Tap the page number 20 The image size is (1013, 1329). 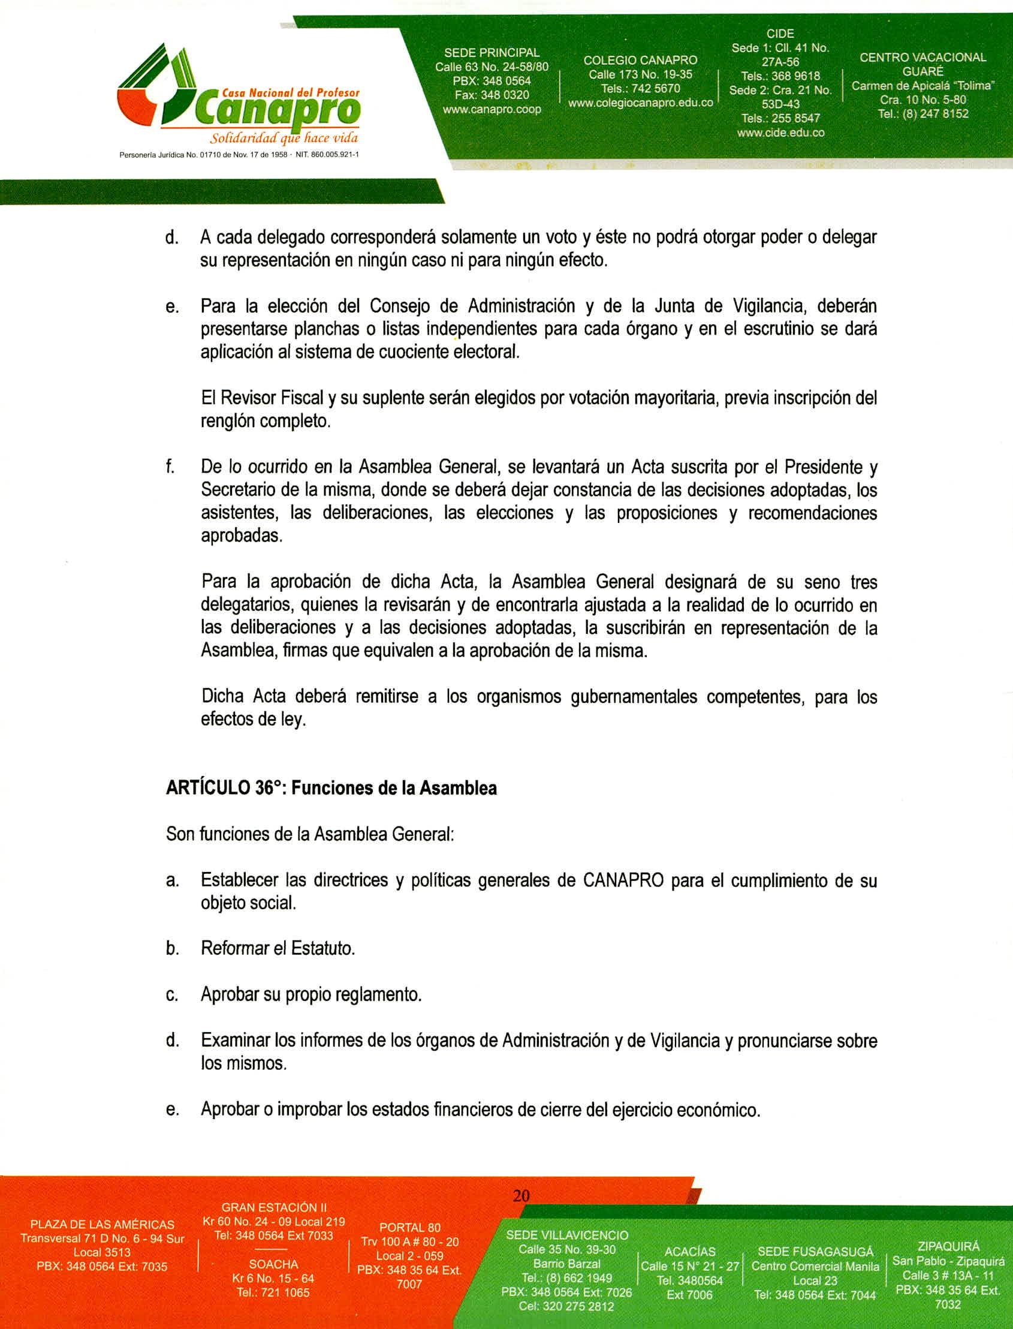click(521, 1196)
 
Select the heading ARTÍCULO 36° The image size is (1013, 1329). click(224, 789)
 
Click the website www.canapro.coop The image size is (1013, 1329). click(492, 109)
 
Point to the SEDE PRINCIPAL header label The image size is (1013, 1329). click(492, 53)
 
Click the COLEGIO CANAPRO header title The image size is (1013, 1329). click(640, 61)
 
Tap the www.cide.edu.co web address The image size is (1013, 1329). click(781, 133)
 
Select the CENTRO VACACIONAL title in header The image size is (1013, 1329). click(922, 58)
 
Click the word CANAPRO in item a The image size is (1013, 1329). click(623, 880)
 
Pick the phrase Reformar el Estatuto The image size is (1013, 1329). click(278, 948)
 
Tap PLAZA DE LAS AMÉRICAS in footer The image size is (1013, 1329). click(102, 1225)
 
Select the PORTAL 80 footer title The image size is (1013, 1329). click(409, 1228)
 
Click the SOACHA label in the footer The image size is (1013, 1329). click(273, 1264)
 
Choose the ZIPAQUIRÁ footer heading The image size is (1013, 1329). click(948, 1246)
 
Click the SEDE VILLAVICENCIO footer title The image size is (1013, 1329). click(567, 1235)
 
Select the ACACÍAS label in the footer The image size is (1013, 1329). click(690, 1252)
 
